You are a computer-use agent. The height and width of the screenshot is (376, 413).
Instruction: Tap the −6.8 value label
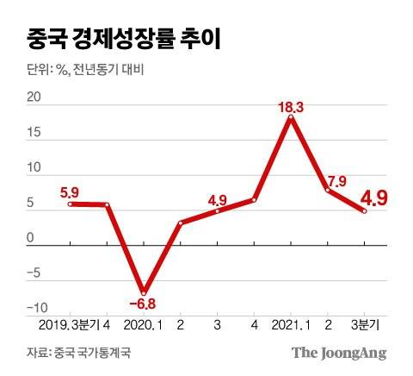coord(142,304)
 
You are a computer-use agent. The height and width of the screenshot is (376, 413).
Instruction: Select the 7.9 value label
coord(335,181)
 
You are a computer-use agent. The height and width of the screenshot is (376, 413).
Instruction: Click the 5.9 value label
coord(71,192)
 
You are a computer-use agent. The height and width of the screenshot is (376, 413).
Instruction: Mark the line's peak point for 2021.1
coord(292,117)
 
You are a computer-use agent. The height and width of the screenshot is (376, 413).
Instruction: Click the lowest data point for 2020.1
coord(144,291)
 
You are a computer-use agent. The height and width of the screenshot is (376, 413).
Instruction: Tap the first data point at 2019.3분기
coord(71,204)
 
